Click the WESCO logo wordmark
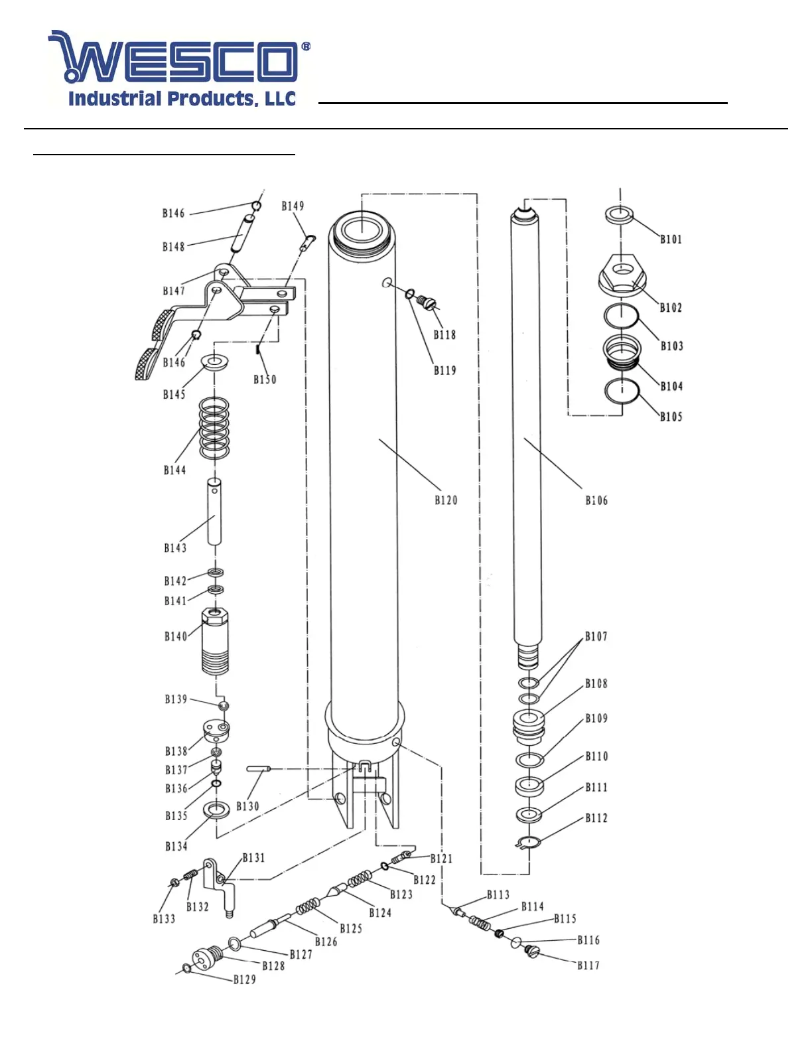pyautogui.click(x=173, y=56)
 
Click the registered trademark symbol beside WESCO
pyautogui.click(x=306, y=46)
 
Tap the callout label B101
pyautogui.click(x=671, y=239)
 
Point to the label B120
pyautogui.click(x=446, y=500)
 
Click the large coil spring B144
pyautogui.click(x=214, y=429)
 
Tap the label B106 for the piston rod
pyautogui.click(x=596, y=500)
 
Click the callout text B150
pyautogui.click(x=265, y=379)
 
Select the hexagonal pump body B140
pyautogui.click(x=215, y=641)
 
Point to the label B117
pyautogui.click(x=588, y=965)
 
